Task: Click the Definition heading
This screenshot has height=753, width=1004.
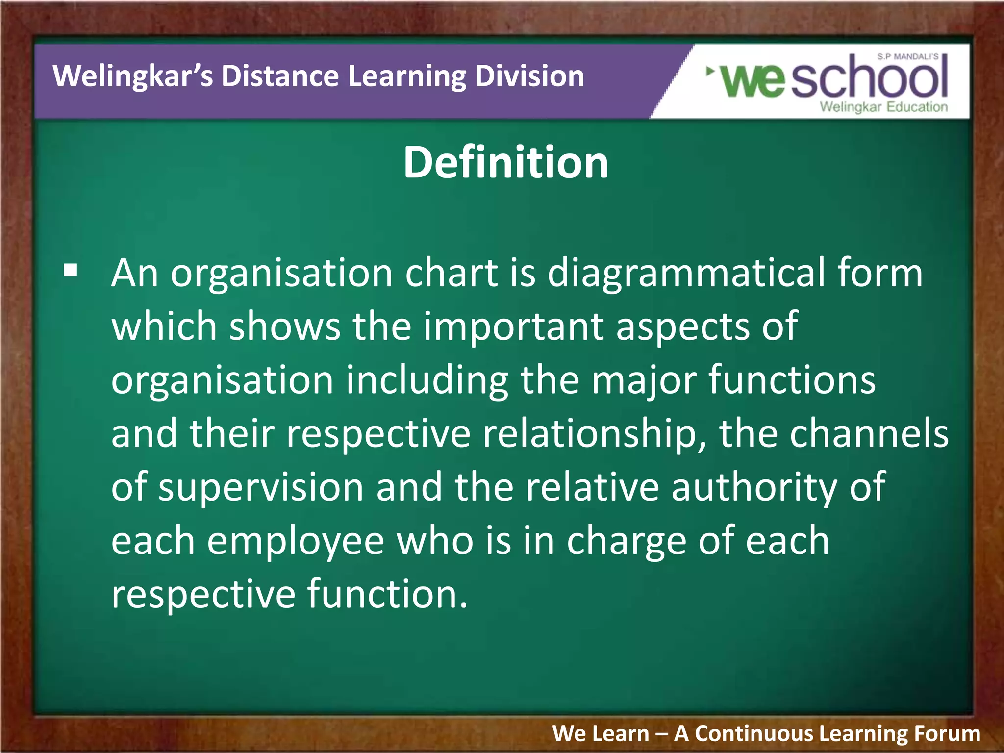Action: [505, 162]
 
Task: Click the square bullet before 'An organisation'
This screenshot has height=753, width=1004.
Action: [71, 271]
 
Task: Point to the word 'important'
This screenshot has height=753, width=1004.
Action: [513, 327]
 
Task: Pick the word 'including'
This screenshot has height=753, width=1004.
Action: [427, 381]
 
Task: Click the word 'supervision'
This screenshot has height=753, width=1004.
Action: [261, 488]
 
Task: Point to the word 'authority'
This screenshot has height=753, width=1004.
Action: [754, 488]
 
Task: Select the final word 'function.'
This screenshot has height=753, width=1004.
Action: [387, 594]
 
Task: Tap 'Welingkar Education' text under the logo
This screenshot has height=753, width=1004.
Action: [883, 107]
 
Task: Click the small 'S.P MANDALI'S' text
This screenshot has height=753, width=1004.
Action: [907, 57]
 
